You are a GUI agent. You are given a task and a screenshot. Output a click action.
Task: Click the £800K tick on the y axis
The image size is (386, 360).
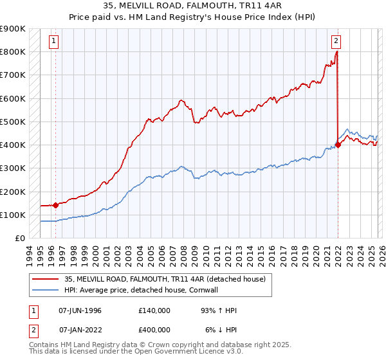coord(13,52)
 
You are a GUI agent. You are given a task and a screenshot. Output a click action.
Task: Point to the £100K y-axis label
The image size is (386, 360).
coord(13,215)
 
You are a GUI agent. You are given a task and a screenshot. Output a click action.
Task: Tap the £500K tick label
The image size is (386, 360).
coord(13,122)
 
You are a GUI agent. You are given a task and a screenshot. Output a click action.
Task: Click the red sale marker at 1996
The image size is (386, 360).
coord(55,206)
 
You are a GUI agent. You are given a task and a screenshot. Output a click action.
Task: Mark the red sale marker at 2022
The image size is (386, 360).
coord(338,145)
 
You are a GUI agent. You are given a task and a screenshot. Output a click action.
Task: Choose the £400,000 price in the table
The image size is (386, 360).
coord(154,329)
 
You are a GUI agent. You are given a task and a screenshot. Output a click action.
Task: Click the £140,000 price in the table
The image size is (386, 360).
coord(154,310)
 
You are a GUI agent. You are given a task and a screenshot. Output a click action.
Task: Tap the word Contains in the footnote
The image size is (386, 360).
coord(44,345)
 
